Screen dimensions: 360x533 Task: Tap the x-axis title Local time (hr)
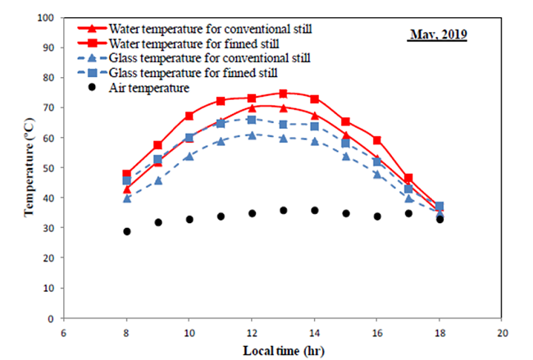(283, 350)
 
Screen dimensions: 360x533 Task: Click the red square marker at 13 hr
(283, 93)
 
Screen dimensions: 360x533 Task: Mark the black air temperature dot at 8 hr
(126, 231)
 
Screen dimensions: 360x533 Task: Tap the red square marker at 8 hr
(126, 174)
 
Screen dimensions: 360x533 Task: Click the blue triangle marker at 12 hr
(252, 134)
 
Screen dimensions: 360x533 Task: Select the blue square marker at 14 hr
(314, 125)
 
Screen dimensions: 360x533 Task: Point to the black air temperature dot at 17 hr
(408, 213)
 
